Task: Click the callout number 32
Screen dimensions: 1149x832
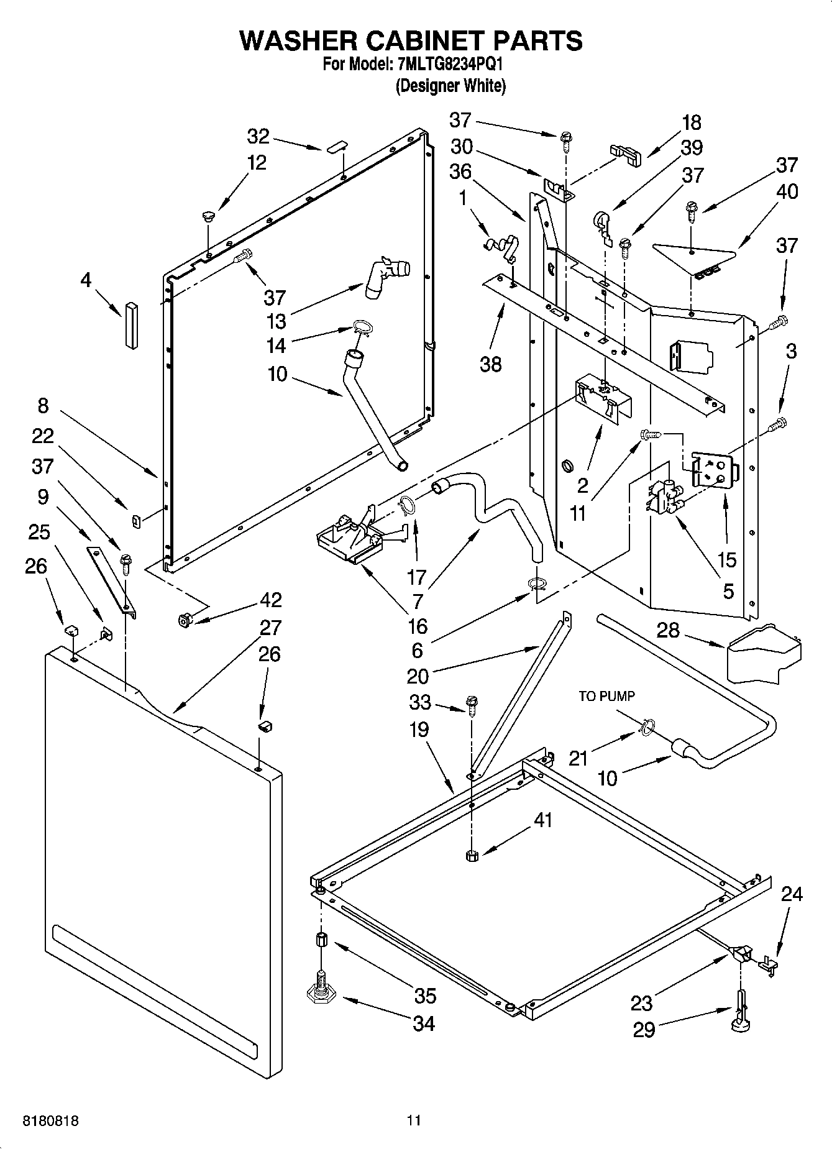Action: pos(258,135)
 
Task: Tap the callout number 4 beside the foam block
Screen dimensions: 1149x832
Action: pos(86,280)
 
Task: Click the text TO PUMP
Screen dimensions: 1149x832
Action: pos(606,696)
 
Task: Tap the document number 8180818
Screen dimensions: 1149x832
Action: pos(51,1121)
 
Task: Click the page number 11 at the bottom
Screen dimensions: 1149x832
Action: pos(414,1121)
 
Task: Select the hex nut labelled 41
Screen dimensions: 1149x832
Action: pos(471,856)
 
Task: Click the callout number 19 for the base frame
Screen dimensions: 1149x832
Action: pos(419,729)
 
